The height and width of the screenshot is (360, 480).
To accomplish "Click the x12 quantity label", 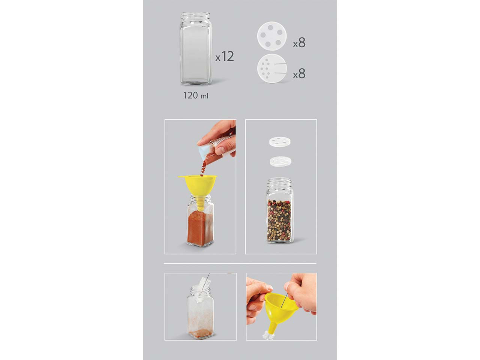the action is pyautogui.click(x=225, y=56).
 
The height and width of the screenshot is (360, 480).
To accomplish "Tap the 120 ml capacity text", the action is pyautogui.click(x=195, y=96).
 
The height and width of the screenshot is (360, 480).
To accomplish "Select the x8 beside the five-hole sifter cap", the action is pyautogui.click(x=299, y=42).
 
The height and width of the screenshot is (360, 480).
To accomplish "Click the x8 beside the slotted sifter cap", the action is pyautogui.click(x=299, y=73).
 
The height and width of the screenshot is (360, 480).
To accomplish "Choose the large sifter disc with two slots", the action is pyautogui.click(x=272, y=68).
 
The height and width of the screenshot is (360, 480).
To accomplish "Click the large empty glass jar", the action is pyautogui.click(x=196, y=49).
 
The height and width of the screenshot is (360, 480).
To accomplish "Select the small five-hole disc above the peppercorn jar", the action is pyautogui.click(x=280, y=142).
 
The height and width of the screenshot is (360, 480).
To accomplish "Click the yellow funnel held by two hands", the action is pyautogui.click(x=281, y=313).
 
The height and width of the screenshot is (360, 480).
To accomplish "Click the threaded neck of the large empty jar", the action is pyautogui.click(x=195, y=17).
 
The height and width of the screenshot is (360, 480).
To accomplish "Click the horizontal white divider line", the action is pyautogui.click(x=240, y=263).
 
